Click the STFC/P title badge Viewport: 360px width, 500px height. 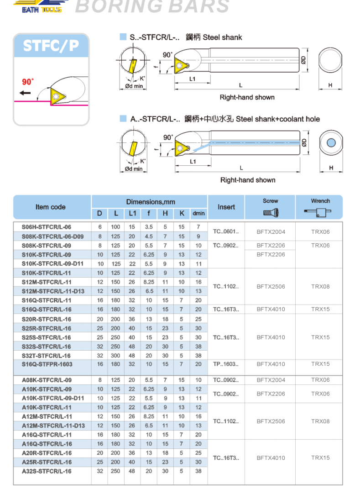point(51,46)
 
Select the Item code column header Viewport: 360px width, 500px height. point(51,207)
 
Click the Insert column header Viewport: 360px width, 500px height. point(226,207)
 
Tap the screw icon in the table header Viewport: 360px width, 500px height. point(271,212)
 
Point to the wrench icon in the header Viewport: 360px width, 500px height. point(319,212)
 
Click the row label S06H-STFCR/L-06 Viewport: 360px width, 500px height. point(47,227)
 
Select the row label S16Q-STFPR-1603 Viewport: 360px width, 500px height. point(47,364)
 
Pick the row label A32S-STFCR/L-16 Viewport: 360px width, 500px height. point(47,471)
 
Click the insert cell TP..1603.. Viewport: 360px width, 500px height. point(226,364)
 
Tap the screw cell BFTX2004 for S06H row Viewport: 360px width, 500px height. point(271,232)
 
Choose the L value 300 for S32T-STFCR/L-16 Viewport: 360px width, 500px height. point(116,355)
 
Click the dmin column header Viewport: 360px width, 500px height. point(198,213)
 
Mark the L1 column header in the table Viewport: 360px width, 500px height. point(132,213)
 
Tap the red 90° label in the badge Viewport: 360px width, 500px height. point(28,82)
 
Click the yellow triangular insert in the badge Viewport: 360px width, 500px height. point(58,95)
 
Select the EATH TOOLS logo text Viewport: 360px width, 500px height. point(41,9)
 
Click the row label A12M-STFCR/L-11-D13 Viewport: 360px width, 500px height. point(53,426)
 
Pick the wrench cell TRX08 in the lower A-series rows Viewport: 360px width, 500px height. point(320,421)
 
